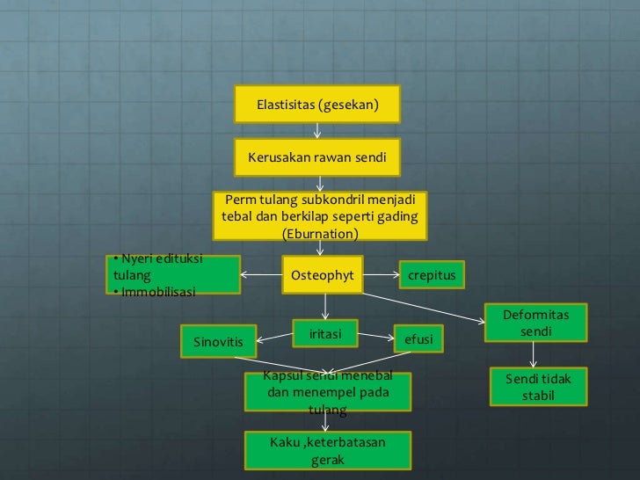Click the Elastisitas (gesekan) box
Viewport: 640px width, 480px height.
(x=316, y=105)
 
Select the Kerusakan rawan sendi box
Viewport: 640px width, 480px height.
(x=316, y=159)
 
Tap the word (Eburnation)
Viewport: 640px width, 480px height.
(x=320, y=234)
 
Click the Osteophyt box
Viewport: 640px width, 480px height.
(x=322, y=275)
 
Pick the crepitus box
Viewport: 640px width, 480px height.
(x=433, y=275)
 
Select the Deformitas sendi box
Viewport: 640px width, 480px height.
(x=535, y=324)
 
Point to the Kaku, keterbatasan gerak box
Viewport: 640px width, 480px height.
(x=327, y=450)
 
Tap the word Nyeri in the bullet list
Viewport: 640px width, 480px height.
(x=135, y=258)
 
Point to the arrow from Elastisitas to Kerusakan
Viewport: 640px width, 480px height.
(x=317, y=130)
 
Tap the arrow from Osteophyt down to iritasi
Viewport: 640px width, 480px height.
(x=326, y=305)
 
